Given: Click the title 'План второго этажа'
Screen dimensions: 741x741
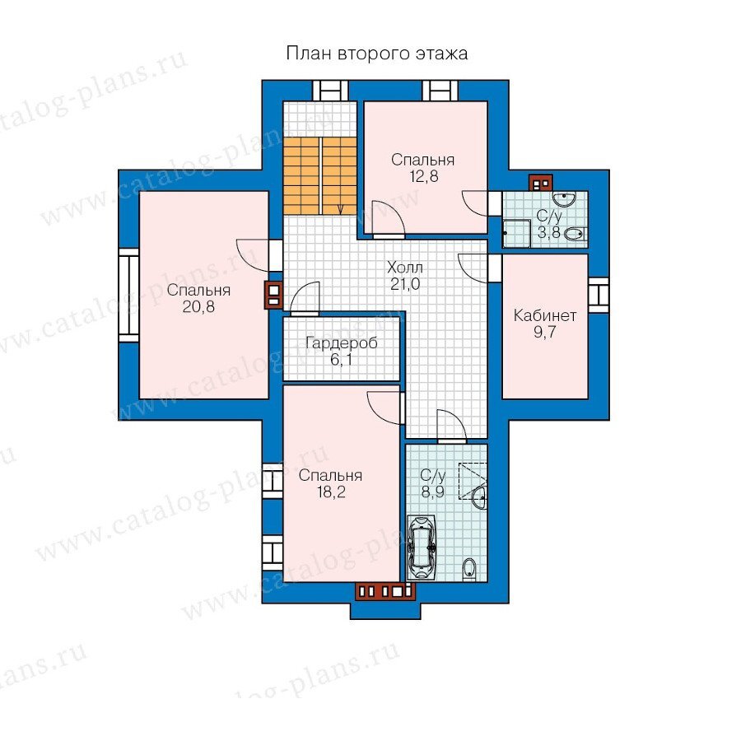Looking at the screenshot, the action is tap(376, 54).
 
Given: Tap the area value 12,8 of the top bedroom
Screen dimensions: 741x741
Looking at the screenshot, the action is tap(424, 177).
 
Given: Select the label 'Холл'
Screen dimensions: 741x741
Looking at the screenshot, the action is tap(405, 268).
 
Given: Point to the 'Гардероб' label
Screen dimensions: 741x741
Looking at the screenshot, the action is tap(341, 343).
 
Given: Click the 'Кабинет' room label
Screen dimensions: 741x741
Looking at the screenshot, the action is tap(545, 315).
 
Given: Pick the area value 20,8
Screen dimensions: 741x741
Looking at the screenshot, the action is tap(198, 307).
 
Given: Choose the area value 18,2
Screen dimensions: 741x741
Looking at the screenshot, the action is tap(331, 492).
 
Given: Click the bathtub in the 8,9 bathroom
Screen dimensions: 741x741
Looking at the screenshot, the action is tap(422, 548).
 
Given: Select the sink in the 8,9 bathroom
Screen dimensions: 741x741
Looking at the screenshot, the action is tap(479, 496).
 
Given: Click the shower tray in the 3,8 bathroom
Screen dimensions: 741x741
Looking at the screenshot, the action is tap(516, 234).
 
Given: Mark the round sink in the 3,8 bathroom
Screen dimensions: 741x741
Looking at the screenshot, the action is tap(565, 198).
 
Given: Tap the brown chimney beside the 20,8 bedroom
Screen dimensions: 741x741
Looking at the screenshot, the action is tap(273, 296).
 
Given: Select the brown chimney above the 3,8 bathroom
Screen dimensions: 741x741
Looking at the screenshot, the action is tap(540, 183).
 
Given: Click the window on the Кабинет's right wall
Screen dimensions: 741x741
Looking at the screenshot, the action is tap(599, 295).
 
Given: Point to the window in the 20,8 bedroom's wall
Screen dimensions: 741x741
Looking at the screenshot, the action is tap(128, 296).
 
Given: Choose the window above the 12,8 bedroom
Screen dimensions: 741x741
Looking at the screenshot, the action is tap(440, 91).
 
